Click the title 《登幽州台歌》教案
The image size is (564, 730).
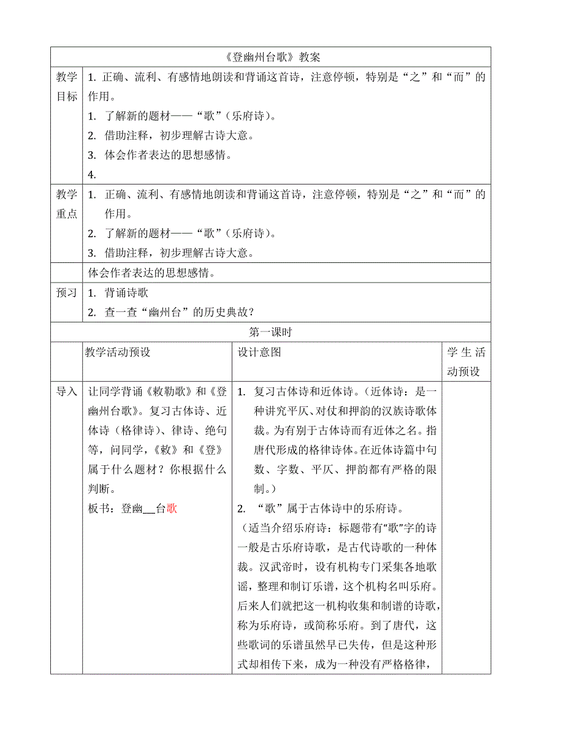(270, 57)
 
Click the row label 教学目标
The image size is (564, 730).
(67, 86)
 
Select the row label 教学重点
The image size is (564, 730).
(67, 204)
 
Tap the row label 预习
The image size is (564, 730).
(67, 293)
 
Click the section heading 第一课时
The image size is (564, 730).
(270, 332)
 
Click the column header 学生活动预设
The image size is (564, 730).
(466, 362)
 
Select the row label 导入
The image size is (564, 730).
(67, 391)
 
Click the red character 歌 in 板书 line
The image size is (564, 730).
(172, 508)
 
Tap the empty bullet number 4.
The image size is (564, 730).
(92, 175)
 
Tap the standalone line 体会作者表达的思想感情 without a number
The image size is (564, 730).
(151, 273)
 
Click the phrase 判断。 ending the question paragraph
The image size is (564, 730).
(102, 489)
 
